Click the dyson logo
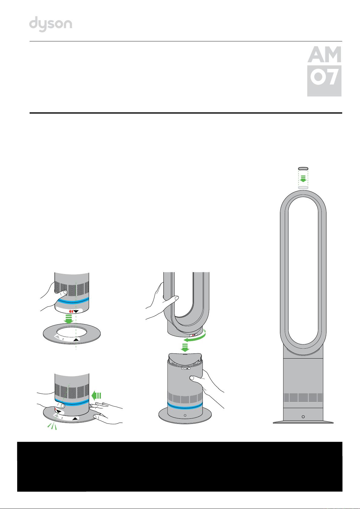point(51,24)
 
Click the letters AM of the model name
point(324,54)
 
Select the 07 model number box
point(324,81)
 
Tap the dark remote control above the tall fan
point(303,169)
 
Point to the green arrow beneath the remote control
point(303,179)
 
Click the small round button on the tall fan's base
point(303,417)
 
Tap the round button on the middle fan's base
point(185,415)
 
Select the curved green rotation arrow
point(195,337)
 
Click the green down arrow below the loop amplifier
point(185,347)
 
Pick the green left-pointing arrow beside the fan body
point(96,396)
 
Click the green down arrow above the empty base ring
point(68,319)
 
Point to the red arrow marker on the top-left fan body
point(71,311)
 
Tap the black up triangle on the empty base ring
point(76,340)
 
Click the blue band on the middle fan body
point(185,405)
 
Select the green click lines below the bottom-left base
point(52,426)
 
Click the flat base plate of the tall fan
point(303,422)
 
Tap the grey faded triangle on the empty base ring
point(57,337)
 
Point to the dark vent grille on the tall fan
point(303,398)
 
